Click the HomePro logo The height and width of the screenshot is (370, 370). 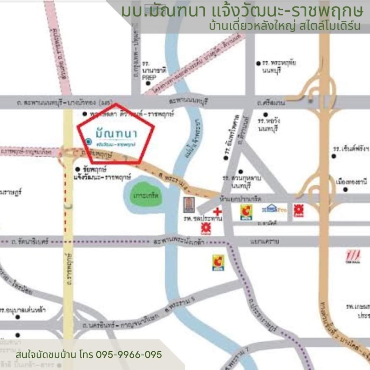coord(274,209)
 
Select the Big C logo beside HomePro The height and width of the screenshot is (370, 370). coord(246,212)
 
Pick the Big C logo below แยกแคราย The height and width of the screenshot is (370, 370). coord(218,262)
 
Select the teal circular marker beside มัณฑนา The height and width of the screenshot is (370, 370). coord(88,141)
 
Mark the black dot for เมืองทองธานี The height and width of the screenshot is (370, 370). coord(345,189)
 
